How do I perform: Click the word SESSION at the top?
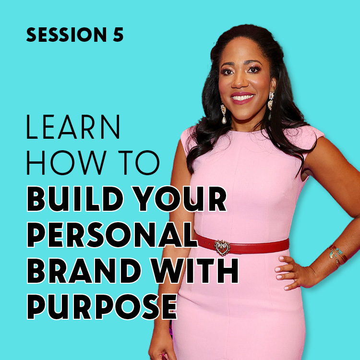click(x=66, y=35)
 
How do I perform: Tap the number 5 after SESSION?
click(x=118, y=35)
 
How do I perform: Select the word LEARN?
click(x=73, y=127)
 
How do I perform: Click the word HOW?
click(x=67, y=163)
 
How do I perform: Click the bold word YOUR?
click(x=180, y=199)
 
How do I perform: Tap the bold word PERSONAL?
click(x=112, y=235)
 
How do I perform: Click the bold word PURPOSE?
click(x=102, y=307)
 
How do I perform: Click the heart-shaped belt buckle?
click(x=222, y=248)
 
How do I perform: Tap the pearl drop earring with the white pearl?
click(x=224, y=114)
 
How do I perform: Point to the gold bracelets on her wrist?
click(x=338, y=256)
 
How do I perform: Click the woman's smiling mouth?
click(x=242, y=98)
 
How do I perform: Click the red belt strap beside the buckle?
click(x=260, y=246)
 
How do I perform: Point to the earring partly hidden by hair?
click(x=271, y=105)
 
